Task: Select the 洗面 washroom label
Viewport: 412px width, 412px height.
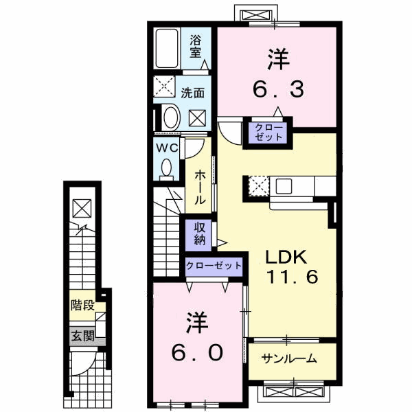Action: click(x=192, y=93)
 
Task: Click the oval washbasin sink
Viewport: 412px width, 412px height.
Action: click(x=170, y=116)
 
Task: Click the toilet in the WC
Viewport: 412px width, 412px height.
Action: click(x=166, y=168)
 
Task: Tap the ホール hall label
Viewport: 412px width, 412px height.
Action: click(x=199, y=187)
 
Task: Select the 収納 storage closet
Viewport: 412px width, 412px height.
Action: click(x=199, y=234)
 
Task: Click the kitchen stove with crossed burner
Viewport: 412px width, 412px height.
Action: click(x=259, y=185)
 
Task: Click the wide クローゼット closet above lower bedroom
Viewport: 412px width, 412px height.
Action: click(x=214, y=265)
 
